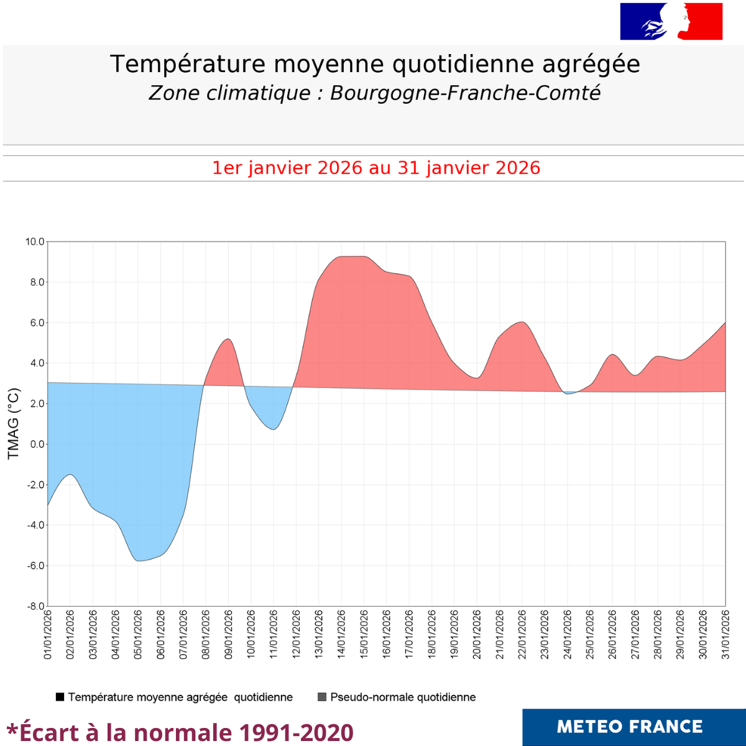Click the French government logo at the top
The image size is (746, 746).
671,22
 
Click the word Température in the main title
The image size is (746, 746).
188,64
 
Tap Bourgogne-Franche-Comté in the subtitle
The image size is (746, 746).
465,93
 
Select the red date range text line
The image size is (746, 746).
376,168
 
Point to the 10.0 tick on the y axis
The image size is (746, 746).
35,242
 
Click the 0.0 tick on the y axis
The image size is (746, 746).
37,444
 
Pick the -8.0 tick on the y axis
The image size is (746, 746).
35,606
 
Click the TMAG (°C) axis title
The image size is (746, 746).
14,423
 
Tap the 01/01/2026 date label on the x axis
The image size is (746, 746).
48,635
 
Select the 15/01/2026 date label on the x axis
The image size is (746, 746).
364,635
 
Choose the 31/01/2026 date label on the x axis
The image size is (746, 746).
725,635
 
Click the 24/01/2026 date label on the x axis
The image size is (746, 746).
568,635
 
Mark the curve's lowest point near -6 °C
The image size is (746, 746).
138,561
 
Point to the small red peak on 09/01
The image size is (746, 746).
228,339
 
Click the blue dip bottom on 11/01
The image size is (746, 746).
274,429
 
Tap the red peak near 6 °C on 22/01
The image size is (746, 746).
522,322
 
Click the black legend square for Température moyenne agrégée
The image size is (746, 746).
60,697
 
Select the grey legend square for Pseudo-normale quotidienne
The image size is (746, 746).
322,697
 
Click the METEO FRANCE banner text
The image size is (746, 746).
630,727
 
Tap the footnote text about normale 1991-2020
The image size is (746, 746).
180,732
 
